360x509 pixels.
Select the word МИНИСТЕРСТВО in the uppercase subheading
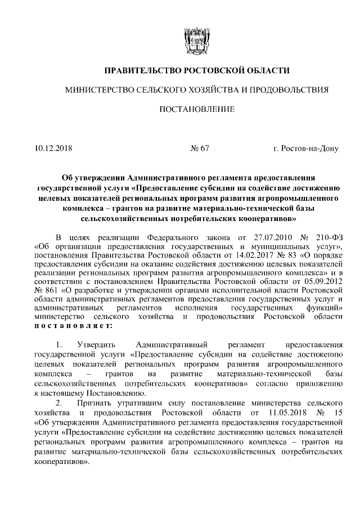98,89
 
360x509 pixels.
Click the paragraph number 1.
58,344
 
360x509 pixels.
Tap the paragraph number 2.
58,403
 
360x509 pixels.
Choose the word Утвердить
99,344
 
